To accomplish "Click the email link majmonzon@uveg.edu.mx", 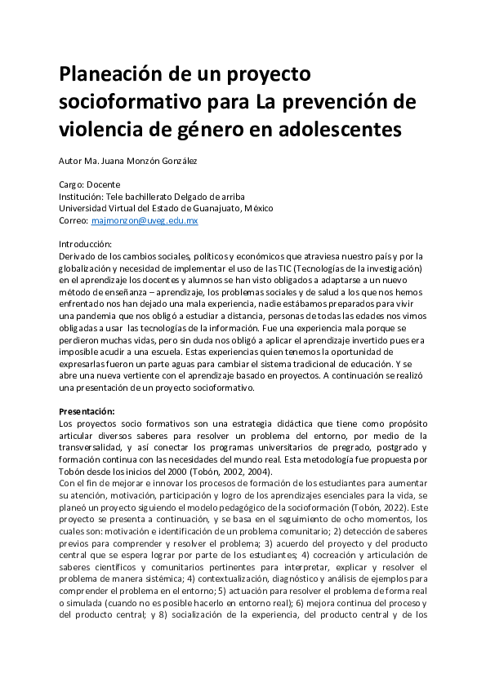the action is coord(145,220).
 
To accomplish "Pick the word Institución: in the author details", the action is coord(82,197).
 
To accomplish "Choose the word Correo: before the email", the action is coord(74,220).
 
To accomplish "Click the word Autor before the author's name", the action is coord(71,161).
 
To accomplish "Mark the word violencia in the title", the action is coord(101,129).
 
